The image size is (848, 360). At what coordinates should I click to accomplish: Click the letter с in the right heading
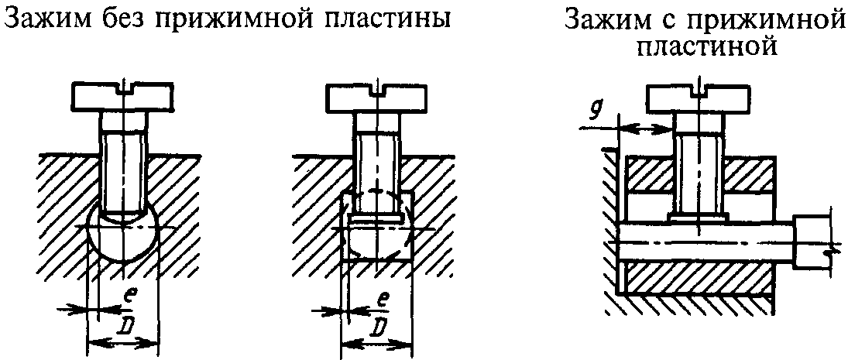(x=658, y=19)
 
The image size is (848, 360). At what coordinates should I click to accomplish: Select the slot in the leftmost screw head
(x=123, y=87)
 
